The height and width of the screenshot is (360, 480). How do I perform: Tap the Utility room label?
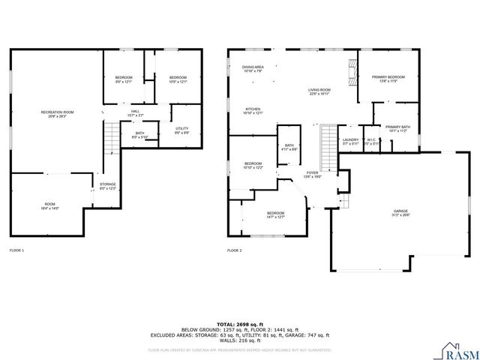(x=182, y=128)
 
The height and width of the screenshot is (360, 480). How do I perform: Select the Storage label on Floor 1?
(x=108, y=186)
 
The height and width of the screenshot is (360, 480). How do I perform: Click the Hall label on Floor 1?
(x=136, y=113)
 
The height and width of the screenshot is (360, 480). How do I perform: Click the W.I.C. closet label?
(x=370, y=140)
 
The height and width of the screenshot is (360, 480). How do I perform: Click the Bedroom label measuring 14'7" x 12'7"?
(x=275, y=215)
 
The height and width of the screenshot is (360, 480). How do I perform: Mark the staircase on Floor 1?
(x=111, y=138)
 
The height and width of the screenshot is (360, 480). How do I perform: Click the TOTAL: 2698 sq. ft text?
(x=239, y=322)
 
